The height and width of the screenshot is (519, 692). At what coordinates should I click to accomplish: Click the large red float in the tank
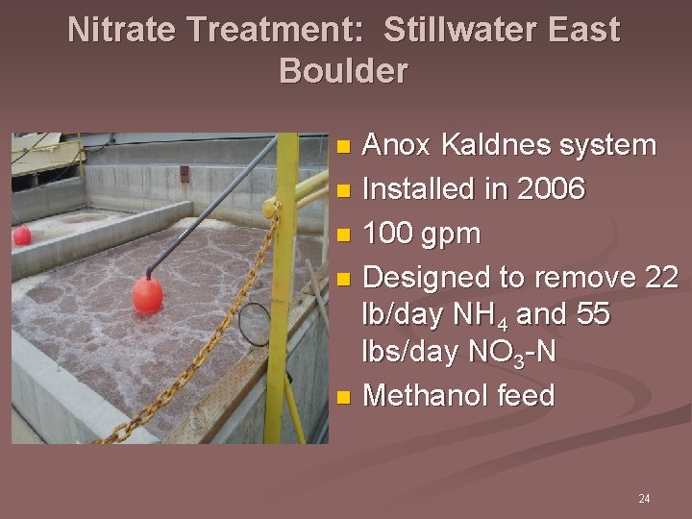tap(147, 294)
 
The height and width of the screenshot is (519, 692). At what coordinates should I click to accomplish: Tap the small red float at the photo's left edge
tap(20, 235)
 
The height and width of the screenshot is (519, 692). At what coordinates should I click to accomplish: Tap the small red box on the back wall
tap(184, 173)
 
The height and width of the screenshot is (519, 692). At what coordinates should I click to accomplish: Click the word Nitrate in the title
tap(123, 30)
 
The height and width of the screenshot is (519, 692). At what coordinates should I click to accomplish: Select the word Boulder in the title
tap(343, 71)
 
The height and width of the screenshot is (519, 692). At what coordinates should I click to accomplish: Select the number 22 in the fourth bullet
tap(660, 278)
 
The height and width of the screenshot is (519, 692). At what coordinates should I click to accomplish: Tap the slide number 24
tap(644, 499)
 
